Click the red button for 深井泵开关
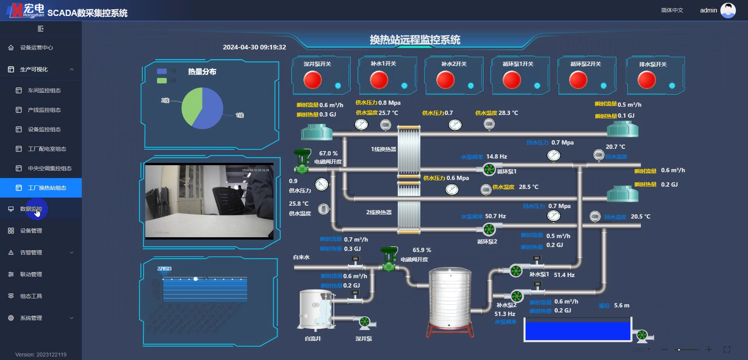[x=312, y=80]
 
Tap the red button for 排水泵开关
[x=646, y=80]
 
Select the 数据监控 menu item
[x=31, y=209]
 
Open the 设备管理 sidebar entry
[x=31, y=231]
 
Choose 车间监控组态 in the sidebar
[x=44, y=90]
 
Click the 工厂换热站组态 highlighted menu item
[x=47, y=188]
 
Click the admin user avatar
[x=728, y=11]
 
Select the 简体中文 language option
[x=672, y=11]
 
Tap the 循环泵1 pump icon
[x=489, y=169]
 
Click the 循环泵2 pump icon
[x=489, y=229]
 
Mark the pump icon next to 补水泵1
[x=516, y=271]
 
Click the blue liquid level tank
[x=577, y=330]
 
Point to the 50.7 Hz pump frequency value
[x=495, y=216]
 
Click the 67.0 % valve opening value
[x=328, y=154]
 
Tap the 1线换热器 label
[x=383, y=149]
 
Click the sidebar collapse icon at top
[x=41, y=28]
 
